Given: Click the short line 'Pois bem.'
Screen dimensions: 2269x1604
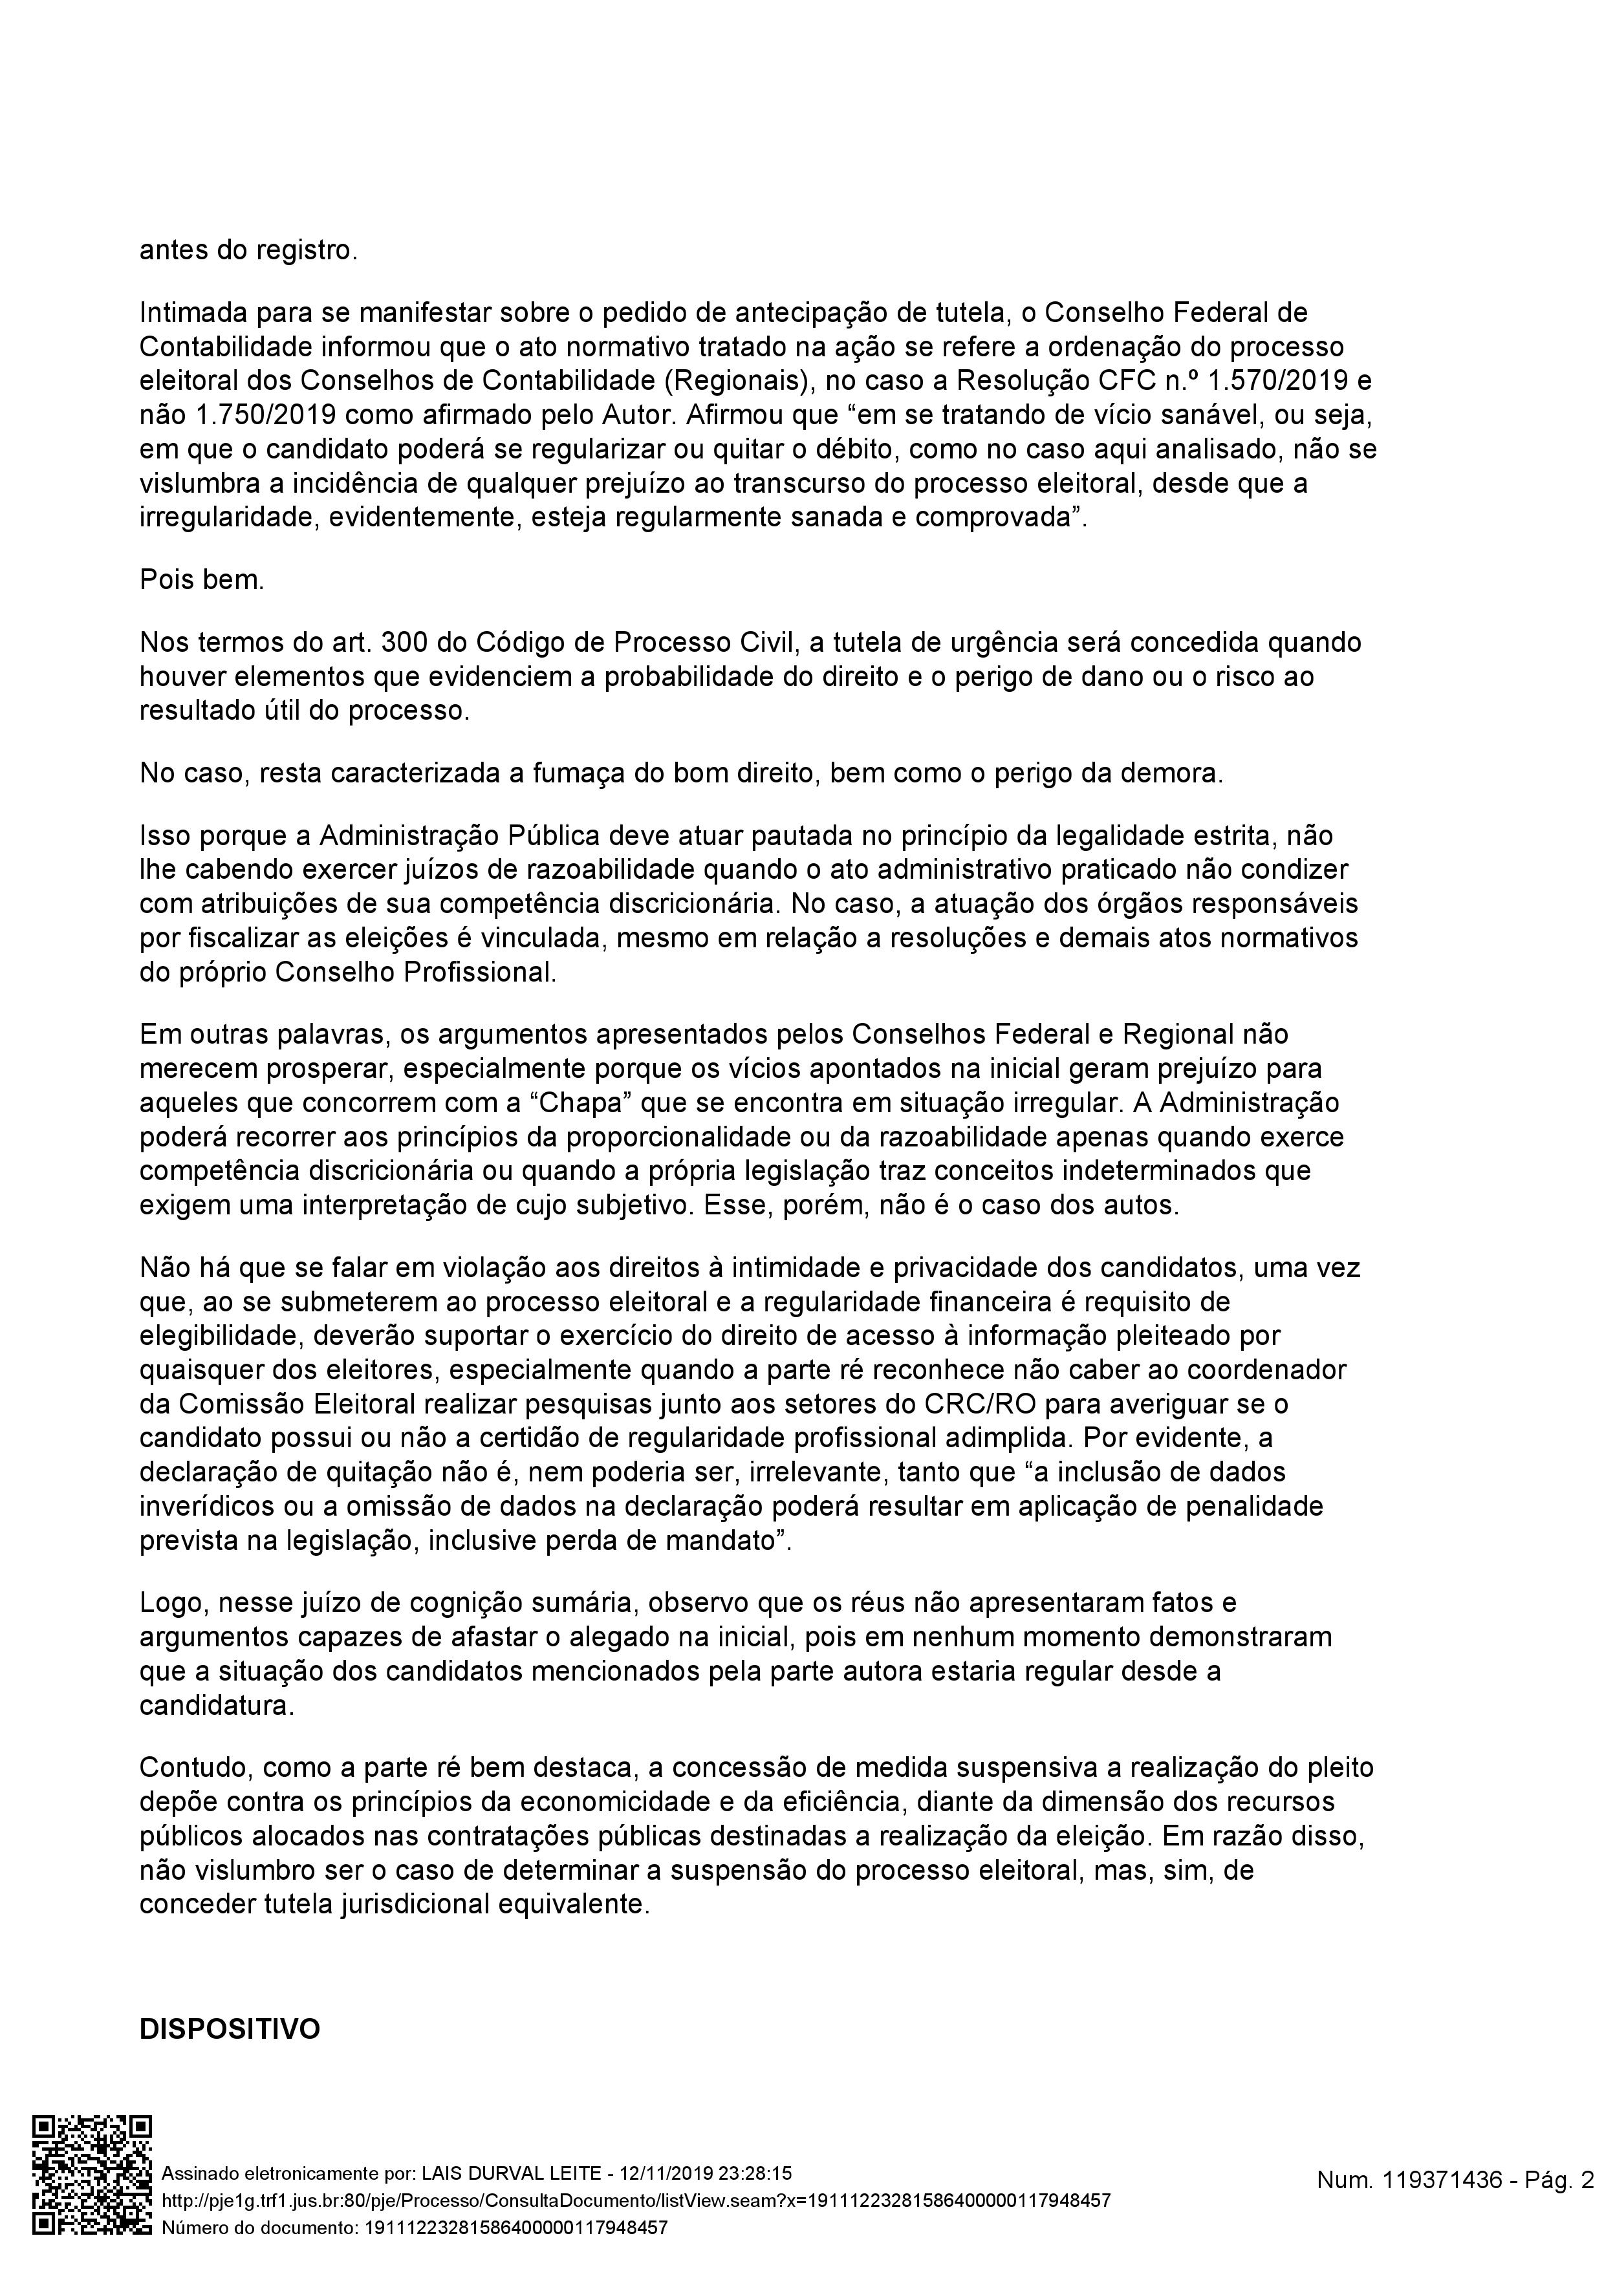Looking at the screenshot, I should (x=202, y=579).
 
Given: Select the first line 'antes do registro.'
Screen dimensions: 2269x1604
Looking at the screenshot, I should (x=248, y=250).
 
